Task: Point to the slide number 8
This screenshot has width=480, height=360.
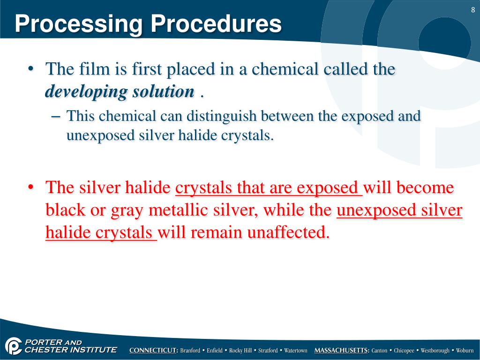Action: pyautogui.click(x=473, y=11)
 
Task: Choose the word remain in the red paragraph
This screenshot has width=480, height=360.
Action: pyautogui.click(x=215, y=232)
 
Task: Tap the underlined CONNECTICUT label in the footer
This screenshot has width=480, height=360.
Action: pyautogui.click(x=154, y=351)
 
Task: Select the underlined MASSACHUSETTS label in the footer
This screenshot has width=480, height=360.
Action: pyautogui.click(x=342, y=351)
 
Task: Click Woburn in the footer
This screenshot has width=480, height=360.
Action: pyautogui.click(x=465, y=351)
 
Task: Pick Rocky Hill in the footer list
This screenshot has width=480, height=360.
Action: pyautogui.click(x=240, y=351)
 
